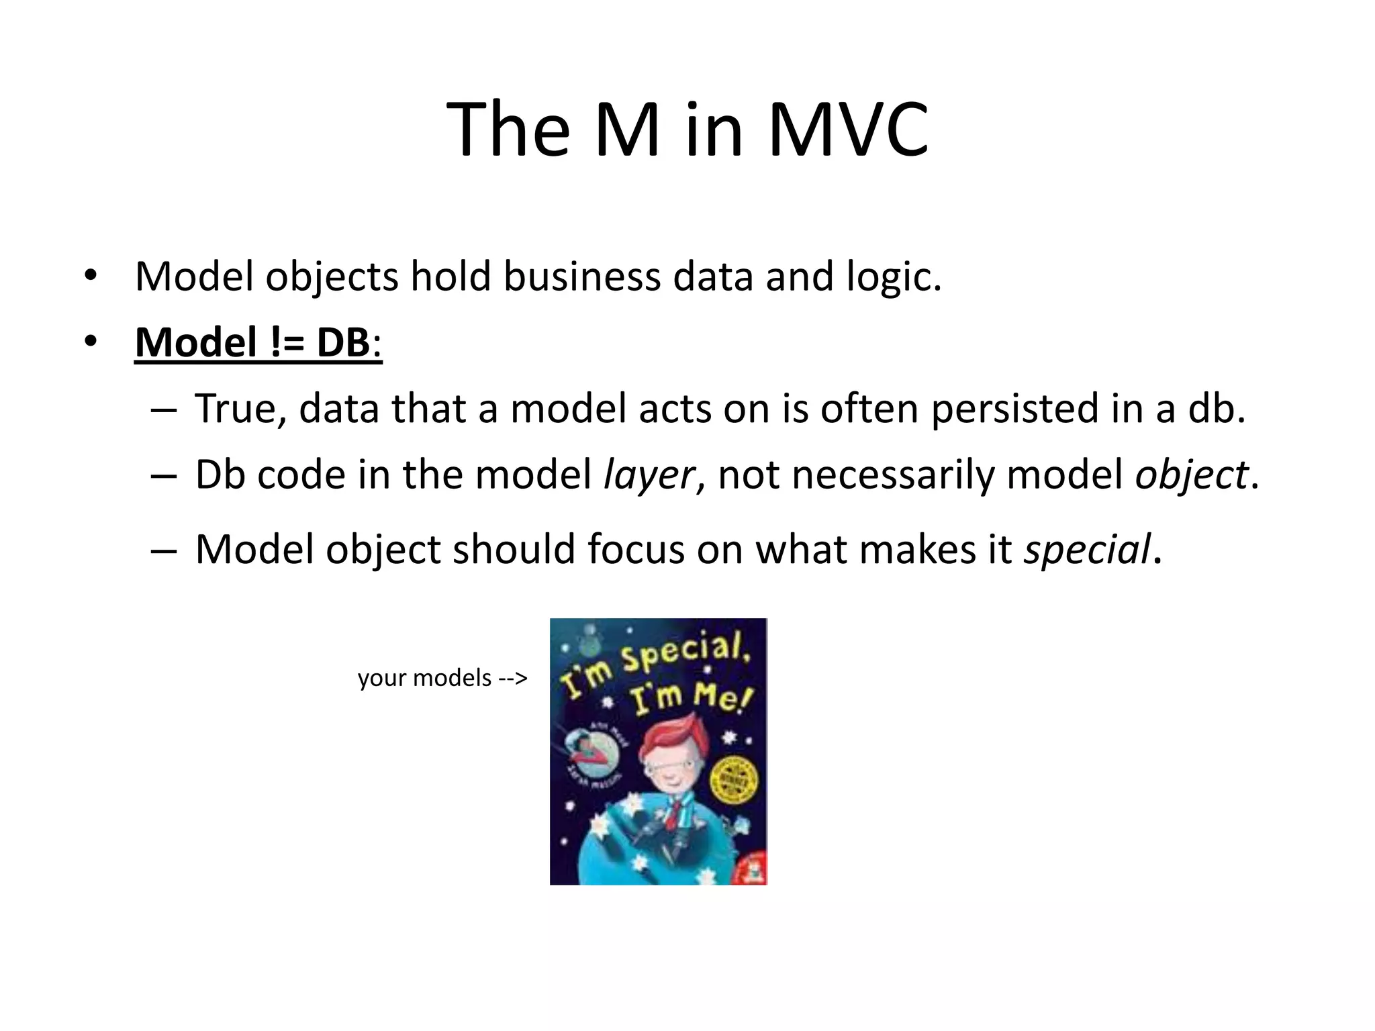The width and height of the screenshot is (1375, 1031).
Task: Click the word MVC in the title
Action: coord(847,129)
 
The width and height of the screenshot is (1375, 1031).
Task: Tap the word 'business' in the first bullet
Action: coord(582,277)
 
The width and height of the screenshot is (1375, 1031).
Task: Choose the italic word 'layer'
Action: coord(649,476)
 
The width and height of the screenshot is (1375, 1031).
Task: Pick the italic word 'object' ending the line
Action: coord(1191,476)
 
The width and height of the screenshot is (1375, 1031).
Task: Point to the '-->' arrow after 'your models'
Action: coord(513,678)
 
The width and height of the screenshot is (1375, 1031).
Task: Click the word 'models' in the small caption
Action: coord(453,678)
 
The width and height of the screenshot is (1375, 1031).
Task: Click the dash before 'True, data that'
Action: coord(164,409)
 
